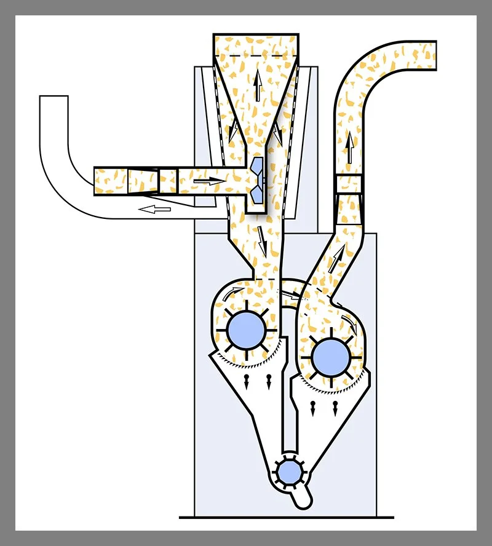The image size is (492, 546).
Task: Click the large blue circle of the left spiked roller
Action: [246, 330]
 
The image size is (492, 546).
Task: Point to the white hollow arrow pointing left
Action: [154, 210]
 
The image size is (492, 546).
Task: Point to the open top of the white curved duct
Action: [54, 97]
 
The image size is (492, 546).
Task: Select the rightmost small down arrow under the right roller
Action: [335, 408]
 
